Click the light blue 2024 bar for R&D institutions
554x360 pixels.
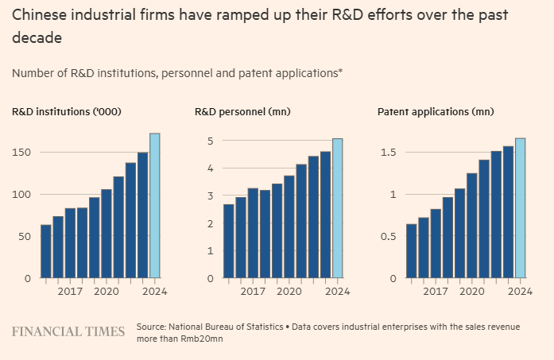(x=155, y=206)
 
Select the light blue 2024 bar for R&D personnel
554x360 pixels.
(x=338, y=208)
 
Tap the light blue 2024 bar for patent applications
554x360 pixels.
(x=520, y=208)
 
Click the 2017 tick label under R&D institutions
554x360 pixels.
(x=70, y=291)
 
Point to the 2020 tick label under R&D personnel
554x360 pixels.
(x=289, y=291)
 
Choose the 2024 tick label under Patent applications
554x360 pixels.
(x=520, y=291)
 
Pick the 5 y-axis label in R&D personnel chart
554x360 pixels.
(x=210, y=141)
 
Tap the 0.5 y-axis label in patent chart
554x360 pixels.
(x=388, y=236)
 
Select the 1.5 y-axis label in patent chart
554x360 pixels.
(x=388, y=153)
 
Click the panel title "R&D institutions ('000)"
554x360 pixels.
(x=67, y=111)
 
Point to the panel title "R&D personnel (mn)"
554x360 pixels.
(x=242, y=111)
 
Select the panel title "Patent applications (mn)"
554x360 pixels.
(x=436, y=111)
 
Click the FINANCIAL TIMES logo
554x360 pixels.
(x=68, y=331)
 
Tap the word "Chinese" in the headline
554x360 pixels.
(x=41, y=15)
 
